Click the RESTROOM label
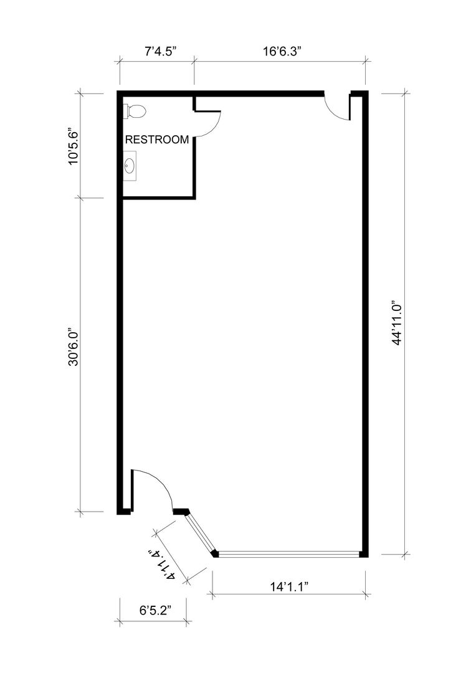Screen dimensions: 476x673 pyautogui.click(x=156, y=140)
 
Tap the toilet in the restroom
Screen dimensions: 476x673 pyautogui.click(x=135, y=111)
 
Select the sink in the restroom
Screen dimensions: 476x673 pyautogui.click(x=130, y=166)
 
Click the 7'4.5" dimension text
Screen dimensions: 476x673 pyautogui.click(x=161, y=52)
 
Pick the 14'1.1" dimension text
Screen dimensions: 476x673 pyautogui.click(x=290, y=587)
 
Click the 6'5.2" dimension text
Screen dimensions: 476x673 pyautogui.click(x=155, y=610)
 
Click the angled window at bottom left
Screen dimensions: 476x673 pyautogui.click(x=201, y=532)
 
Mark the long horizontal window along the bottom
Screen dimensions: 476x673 pyautogui.click(x=289, y=554)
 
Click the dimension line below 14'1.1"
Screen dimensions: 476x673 pyautogui.click(x=289, y=594)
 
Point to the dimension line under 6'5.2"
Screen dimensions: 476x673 pyautogui.click(x=153, y=621)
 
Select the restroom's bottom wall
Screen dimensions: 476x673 pyautogui.click(x=159, y=198)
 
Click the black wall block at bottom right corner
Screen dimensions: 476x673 pyautogui.click(x=364, y=554)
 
